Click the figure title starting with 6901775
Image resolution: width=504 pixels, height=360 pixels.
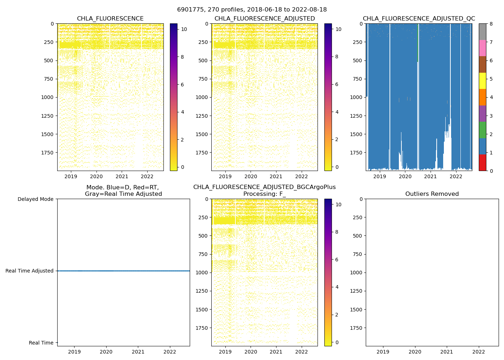pyautogui.click(x=252, y=10)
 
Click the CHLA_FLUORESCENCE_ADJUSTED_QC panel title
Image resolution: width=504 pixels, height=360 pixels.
pyautogui.click(x=419, y=19)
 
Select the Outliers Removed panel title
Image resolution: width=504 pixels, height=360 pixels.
pyautogui.click(x=432, y=194)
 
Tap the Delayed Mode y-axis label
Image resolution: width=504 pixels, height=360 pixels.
pyautogui.click(x=35, y=199)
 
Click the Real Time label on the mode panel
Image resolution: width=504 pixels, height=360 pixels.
pyautogui.click(x=41, y=343)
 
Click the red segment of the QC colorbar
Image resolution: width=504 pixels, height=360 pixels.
pyautogui.click(x=482, y=163)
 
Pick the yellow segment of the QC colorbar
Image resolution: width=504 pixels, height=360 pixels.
pyautogui.click(x=482, y=81)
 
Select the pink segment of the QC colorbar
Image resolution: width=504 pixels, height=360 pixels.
pyautogui.click(x=482, y=48)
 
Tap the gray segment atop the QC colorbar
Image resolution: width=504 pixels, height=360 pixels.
pyautogui.click(x=482, y=32)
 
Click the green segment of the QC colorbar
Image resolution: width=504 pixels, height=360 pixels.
pyautogui.click(x=482, y=130)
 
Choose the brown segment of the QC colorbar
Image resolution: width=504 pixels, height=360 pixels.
pyautogui.click(x=482, y=64)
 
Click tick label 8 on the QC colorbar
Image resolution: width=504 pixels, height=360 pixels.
pyautogui.click(x=491, y=24)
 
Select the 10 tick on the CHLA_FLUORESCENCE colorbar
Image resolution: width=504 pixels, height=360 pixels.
pyautogui.click(x=184, y=29)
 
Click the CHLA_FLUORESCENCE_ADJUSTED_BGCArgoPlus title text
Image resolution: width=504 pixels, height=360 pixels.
pyautogui.click(x=264, y=187)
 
